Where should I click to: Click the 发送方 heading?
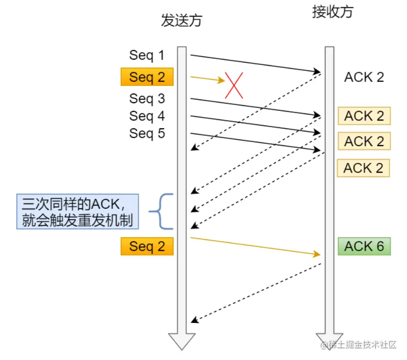[x=182, y=21]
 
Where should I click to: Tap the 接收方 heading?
[x=332, y=12]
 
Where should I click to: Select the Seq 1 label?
[x=146, y=55]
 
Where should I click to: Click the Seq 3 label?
[x=146, y=99]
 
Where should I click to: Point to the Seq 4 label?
[x=146, y=116]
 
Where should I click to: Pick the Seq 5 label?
[x=146, y=133]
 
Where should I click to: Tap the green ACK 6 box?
[x=364, y=246]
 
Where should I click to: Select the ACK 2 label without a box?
[x=364, y=78]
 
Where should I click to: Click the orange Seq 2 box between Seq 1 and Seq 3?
[x=147, y=77]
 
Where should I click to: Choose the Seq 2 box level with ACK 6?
[x=147, y=246]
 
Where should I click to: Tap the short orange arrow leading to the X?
[x=207, y=79]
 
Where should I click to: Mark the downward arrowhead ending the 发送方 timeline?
[x=181, y=341]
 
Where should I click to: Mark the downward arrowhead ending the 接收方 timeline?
[x=329, y=341]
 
